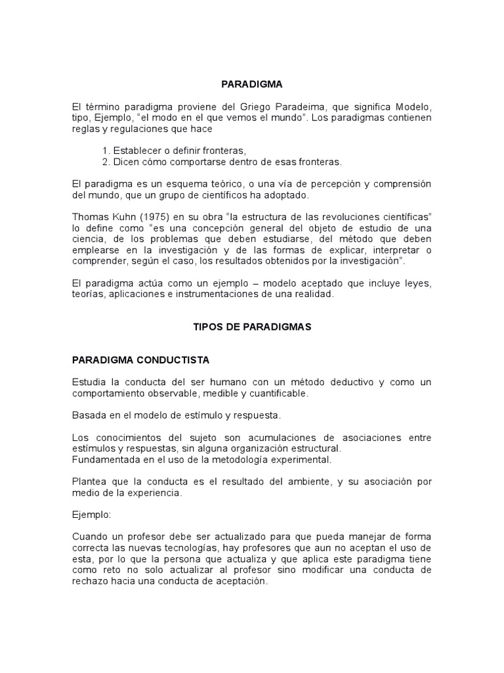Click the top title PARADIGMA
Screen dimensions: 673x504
pyautogui.click(x=251, y=85)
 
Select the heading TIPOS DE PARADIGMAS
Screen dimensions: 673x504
pyautogui.click(x=251, y=327)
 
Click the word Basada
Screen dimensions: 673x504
pyautogui.click(x=89, y=415)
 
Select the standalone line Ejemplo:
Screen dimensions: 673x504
pyautogui.click(x=92, y=515)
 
